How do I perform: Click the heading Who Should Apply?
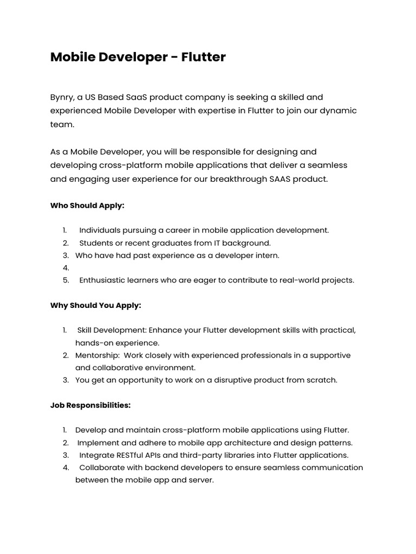tap(87, 206)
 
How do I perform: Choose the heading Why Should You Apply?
tap(96, 305)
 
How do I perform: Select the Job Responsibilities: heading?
tap(90, 405)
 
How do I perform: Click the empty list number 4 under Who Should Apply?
tap(66, 268)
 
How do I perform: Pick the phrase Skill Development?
tap(111, 330)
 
